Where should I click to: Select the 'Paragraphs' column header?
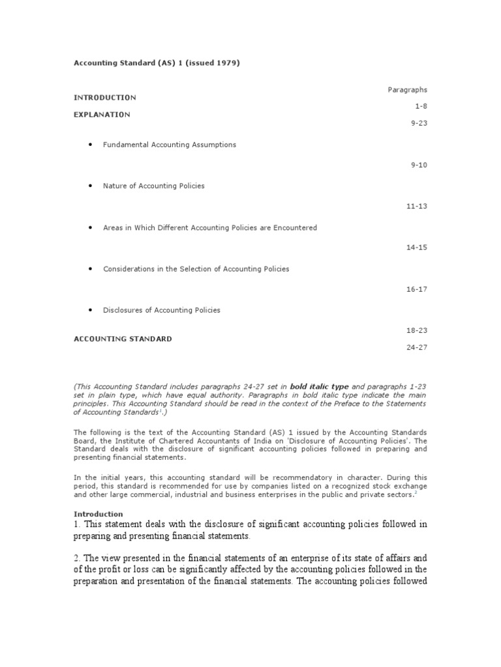(x=408, y=90)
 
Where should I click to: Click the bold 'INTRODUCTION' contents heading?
(x=104, y=98)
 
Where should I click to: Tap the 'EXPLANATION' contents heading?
(x=102, y=115)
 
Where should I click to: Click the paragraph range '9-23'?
(x=419, y=122)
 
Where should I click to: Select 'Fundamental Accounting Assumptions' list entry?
(x=170, y=145)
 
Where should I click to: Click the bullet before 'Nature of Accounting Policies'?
(x=89, y=186)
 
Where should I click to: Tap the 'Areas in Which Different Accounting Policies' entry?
(x=210, y=228)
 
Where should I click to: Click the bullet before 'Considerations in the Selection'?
(x=89, y=269)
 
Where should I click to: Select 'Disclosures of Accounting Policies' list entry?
(x=162, y=310)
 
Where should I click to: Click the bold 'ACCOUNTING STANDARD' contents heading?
(x=123, y=339)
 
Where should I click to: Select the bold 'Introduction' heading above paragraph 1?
(x=98, y=514)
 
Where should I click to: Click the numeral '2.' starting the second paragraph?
(x=78, y=558)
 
